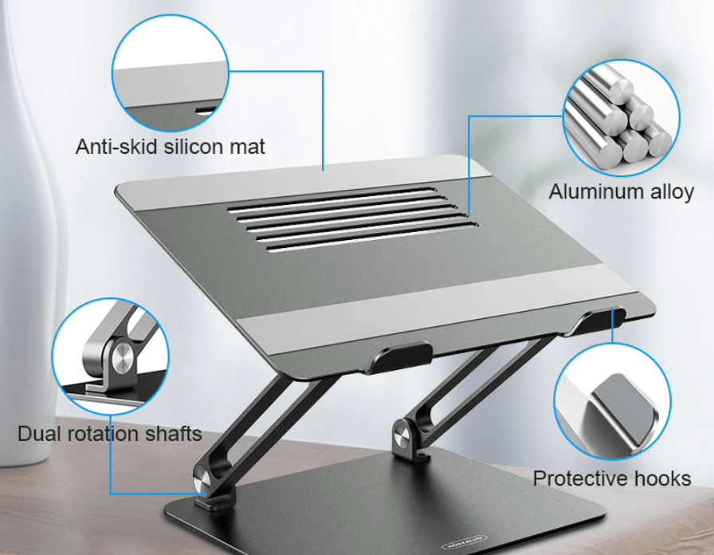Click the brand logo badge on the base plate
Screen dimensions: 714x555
point(464,544)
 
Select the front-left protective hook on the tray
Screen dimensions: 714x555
point(401,356)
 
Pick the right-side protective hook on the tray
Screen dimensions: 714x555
point(598,321)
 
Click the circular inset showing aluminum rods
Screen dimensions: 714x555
point(621,118)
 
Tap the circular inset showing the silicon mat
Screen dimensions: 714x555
point(171,73)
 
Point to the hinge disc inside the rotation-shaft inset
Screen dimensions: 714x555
point(123,361)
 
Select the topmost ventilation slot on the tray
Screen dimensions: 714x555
point(331,199)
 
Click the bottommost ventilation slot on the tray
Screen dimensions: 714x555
point(372,237)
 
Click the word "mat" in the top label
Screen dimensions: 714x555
point(247,147)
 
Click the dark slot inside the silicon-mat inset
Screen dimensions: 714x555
point(206,110)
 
